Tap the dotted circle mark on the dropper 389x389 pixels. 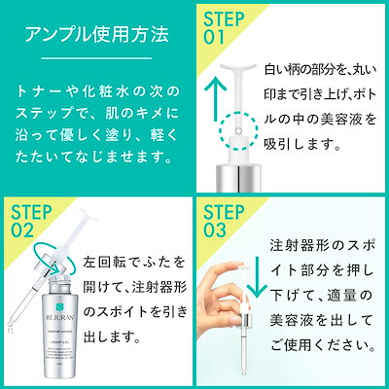tap(232, 128)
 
